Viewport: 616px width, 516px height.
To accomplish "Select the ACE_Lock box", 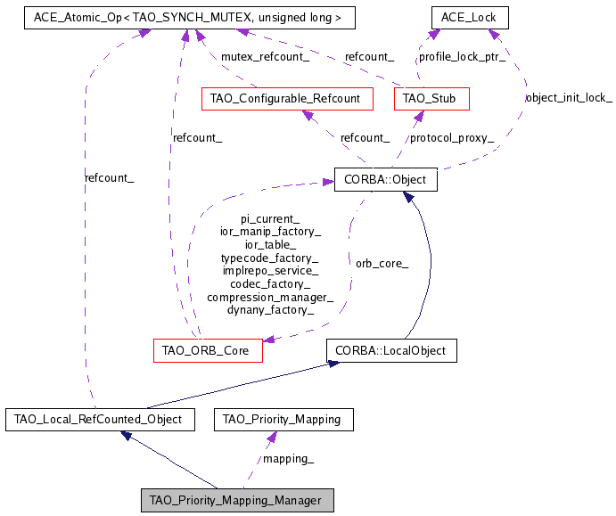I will click(x=469, y=17).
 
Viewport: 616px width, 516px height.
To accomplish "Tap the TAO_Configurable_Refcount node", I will click(x=286, y=98).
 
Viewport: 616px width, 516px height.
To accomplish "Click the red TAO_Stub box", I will click(x=431, y=98).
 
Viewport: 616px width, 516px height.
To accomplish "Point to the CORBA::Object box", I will click(x=385, y=179).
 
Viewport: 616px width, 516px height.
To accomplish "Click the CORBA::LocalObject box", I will click(x=390, y=350).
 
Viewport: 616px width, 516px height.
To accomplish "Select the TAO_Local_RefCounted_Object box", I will click(x=99, y=418).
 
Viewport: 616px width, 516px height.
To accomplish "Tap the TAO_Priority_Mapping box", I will click(x=283, y=418).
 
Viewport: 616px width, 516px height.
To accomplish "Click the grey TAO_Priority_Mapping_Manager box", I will click(x=236, y=500).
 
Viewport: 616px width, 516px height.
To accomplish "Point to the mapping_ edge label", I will click(x=287, y=459).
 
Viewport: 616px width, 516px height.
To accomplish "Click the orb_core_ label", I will click(x=382, y=263).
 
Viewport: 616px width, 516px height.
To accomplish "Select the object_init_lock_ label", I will click(x=568, y=98).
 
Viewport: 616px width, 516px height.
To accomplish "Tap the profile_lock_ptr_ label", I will click(x=462, y=57).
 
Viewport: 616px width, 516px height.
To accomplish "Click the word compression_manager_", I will click(x=269, y=297).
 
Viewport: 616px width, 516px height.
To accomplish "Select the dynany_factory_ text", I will click(x=269, y=310).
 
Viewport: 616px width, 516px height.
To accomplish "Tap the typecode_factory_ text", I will click(x=269, y=257).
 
